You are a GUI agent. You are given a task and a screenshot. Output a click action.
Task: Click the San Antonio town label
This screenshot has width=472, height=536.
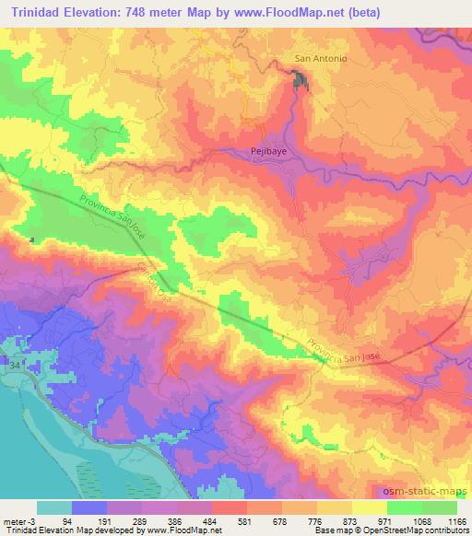click(320, 59)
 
